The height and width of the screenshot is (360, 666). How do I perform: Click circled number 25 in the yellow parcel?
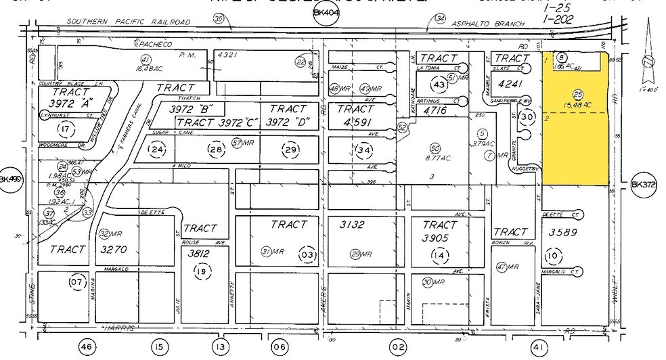tap(577, 94)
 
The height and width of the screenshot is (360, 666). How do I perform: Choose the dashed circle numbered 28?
tap(216, 149)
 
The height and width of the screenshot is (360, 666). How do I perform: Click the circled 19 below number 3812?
tap(200, 271)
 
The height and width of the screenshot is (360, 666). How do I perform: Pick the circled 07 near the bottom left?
tap(76, 281)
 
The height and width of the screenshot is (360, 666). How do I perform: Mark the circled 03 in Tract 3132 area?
tap(307, 254)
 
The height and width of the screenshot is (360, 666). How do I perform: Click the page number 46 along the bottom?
tap(85, 348)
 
